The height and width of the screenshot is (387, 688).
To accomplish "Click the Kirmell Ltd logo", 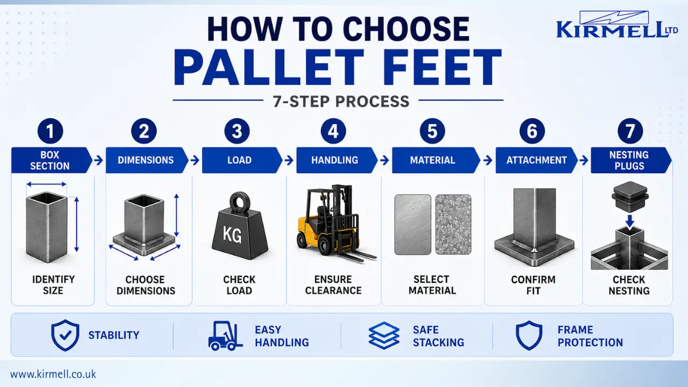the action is tap(617, 25).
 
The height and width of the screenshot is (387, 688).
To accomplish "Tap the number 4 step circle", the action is tap(334, 131).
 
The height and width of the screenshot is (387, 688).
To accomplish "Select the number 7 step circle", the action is tap(630, 131).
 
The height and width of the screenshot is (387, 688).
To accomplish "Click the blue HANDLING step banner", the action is tap(337, 160).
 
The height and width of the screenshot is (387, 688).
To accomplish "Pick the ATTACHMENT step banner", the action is tap(536, 160).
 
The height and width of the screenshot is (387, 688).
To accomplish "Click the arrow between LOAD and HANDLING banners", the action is tap(289, 160).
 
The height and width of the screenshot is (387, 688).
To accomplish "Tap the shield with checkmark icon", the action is tap(65, 335).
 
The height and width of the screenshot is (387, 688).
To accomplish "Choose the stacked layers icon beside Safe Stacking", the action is tap(384, 335).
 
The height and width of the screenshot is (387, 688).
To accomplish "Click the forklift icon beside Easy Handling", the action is tap(225, 336).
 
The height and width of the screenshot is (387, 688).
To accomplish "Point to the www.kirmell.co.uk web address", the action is tap(53, 375).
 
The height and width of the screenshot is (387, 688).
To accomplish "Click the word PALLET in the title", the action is tap(268, 67).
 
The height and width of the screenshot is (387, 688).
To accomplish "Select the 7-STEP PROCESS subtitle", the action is tap(341, 102).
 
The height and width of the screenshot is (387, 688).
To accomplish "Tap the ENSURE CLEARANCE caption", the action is tap(333, 285).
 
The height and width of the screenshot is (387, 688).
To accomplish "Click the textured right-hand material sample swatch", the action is tap(453, 225).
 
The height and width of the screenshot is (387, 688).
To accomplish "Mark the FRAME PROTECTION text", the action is tap(590, 336).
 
